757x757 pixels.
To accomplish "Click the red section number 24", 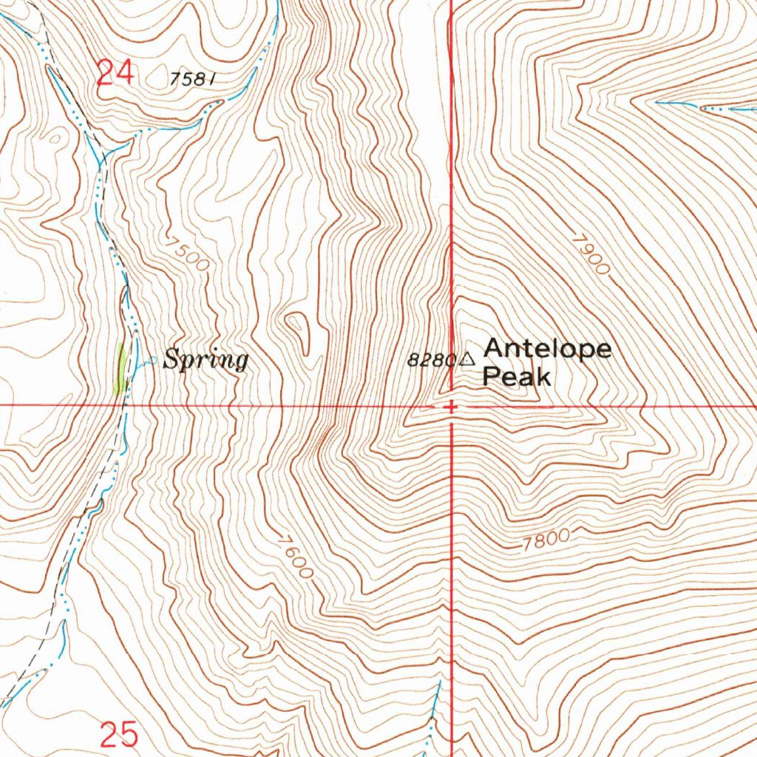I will (x=115, y=74).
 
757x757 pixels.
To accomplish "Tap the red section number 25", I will (x=119, y=735).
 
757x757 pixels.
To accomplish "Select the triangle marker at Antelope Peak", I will (x=467, y=360).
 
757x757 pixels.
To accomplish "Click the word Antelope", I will (x=547, y=349).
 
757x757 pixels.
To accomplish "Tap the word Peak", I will (x=516, y=377).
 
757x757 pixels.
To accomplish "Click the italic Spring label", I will (x=206, y=361).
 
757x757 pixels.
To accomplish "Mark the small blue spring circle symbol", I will (x=153, y=361).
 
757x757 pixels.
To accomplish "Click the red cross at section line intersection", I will (x=451, y=406).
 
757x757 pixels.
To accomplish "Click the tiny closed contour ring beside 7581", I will (x=54, y=138).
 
